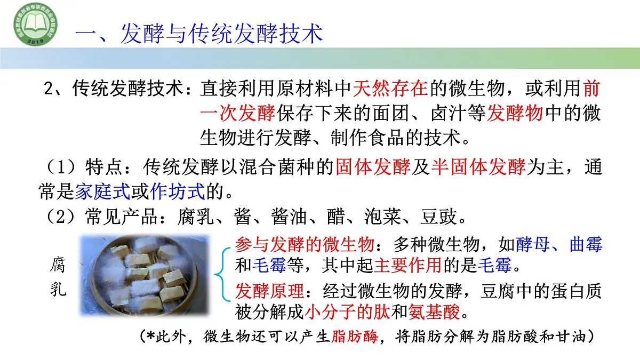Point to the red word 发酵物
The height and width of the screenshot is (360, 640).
point(515,113)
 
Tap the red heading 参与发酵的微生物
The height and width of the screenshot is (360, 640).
point(305,245)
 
